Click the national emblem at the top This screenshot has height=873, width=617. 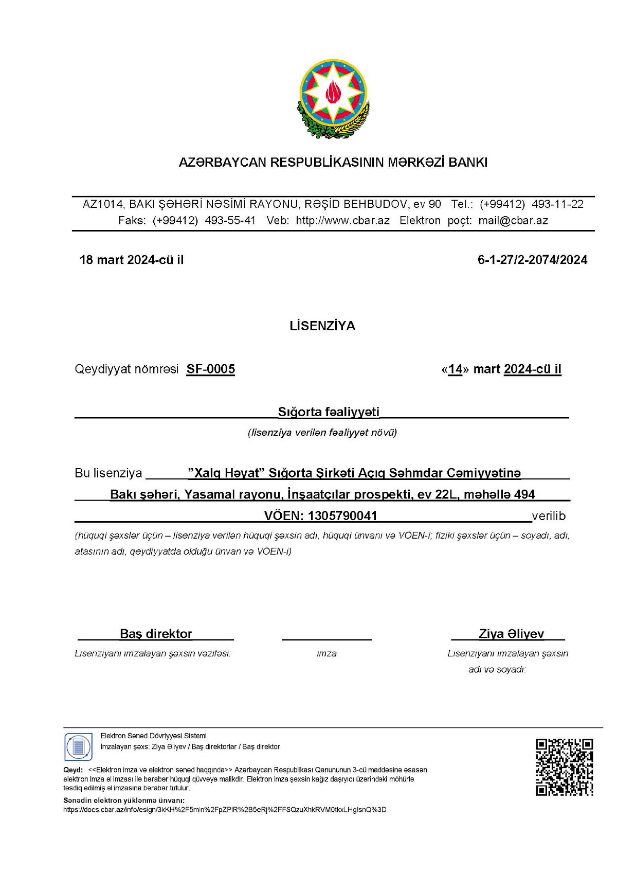333,99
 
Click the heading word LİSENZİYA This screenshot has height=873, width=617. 322,326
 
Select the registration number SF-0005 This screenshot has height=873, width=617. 210,369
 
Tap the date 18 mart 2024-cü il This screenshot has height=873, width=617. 132,260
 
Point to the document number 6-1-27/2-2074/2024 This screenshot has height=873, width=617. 532,260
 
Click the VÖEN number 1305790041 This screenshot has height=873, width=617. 342,516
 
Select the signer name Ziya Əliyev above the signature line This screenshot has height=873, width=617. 511,634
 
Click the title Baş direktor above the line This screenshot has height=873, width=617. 156,634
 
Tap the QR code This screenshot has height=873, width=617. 564,767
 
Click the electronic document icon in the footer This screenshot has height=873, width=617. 78,747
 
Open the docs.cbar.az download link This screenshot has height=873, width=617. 225,810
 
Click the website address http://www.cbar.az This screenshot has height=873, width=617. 342,221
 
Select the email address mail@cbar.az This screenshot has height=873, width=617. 513,221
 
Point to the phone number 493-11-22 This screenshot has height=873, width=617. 557,204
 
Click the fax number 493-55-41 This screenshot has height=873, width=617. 230,221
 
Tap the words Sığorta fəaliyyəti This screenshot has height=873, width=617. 329,412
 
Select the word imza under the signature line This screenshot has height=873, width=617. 326,653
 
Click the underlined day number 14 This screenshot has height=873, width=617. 455,369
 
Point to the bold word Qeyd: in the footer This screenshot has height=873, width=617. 73,770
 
